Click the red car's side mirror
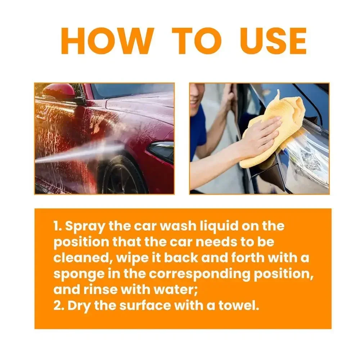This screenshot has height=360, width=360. coord(59,92)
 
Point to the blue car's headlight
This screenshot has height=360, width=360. coord(310,158)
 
